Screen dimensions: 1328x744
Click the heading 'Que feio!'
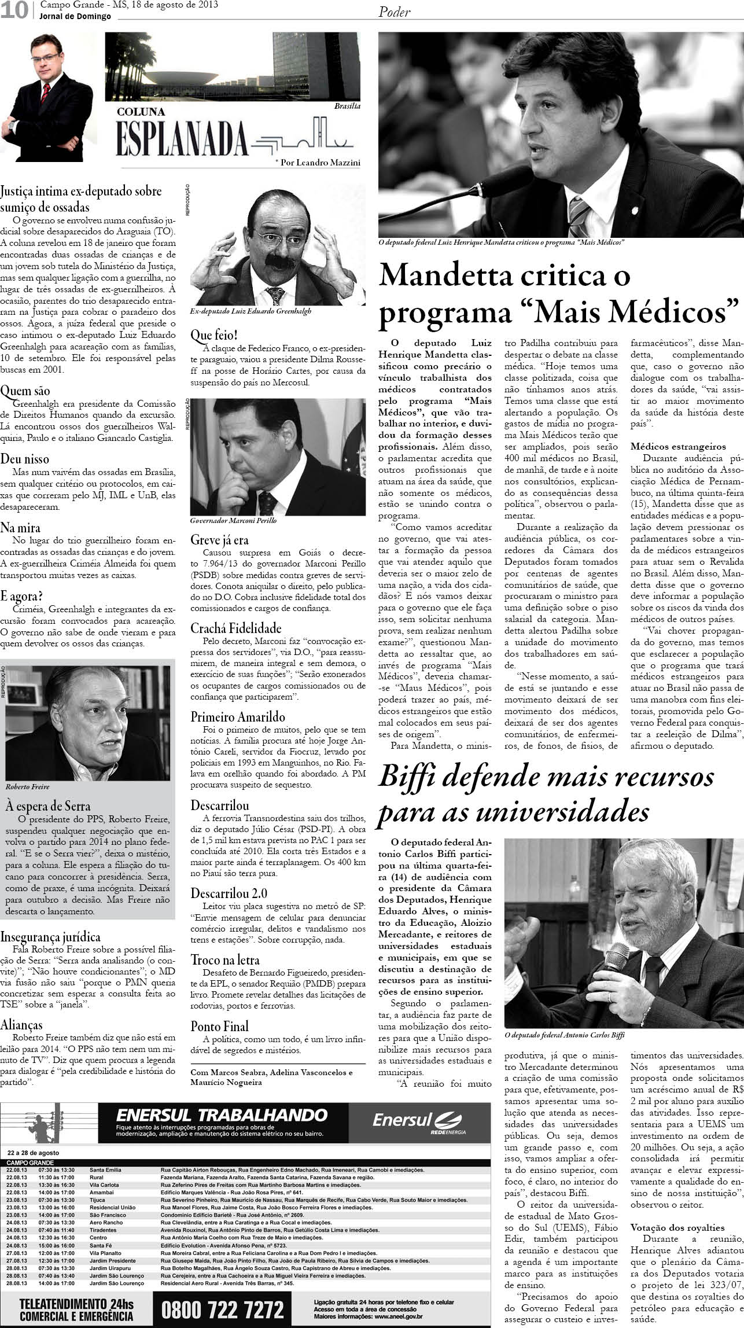214,336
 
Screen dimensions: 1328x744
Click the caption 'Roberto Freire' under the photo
27,787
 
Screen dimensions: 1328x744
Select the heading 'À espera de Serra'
47,805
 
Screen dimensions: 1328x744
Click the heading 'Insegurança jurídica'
50,937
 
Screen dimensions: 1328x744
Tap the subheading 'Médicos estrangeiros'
678,447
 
